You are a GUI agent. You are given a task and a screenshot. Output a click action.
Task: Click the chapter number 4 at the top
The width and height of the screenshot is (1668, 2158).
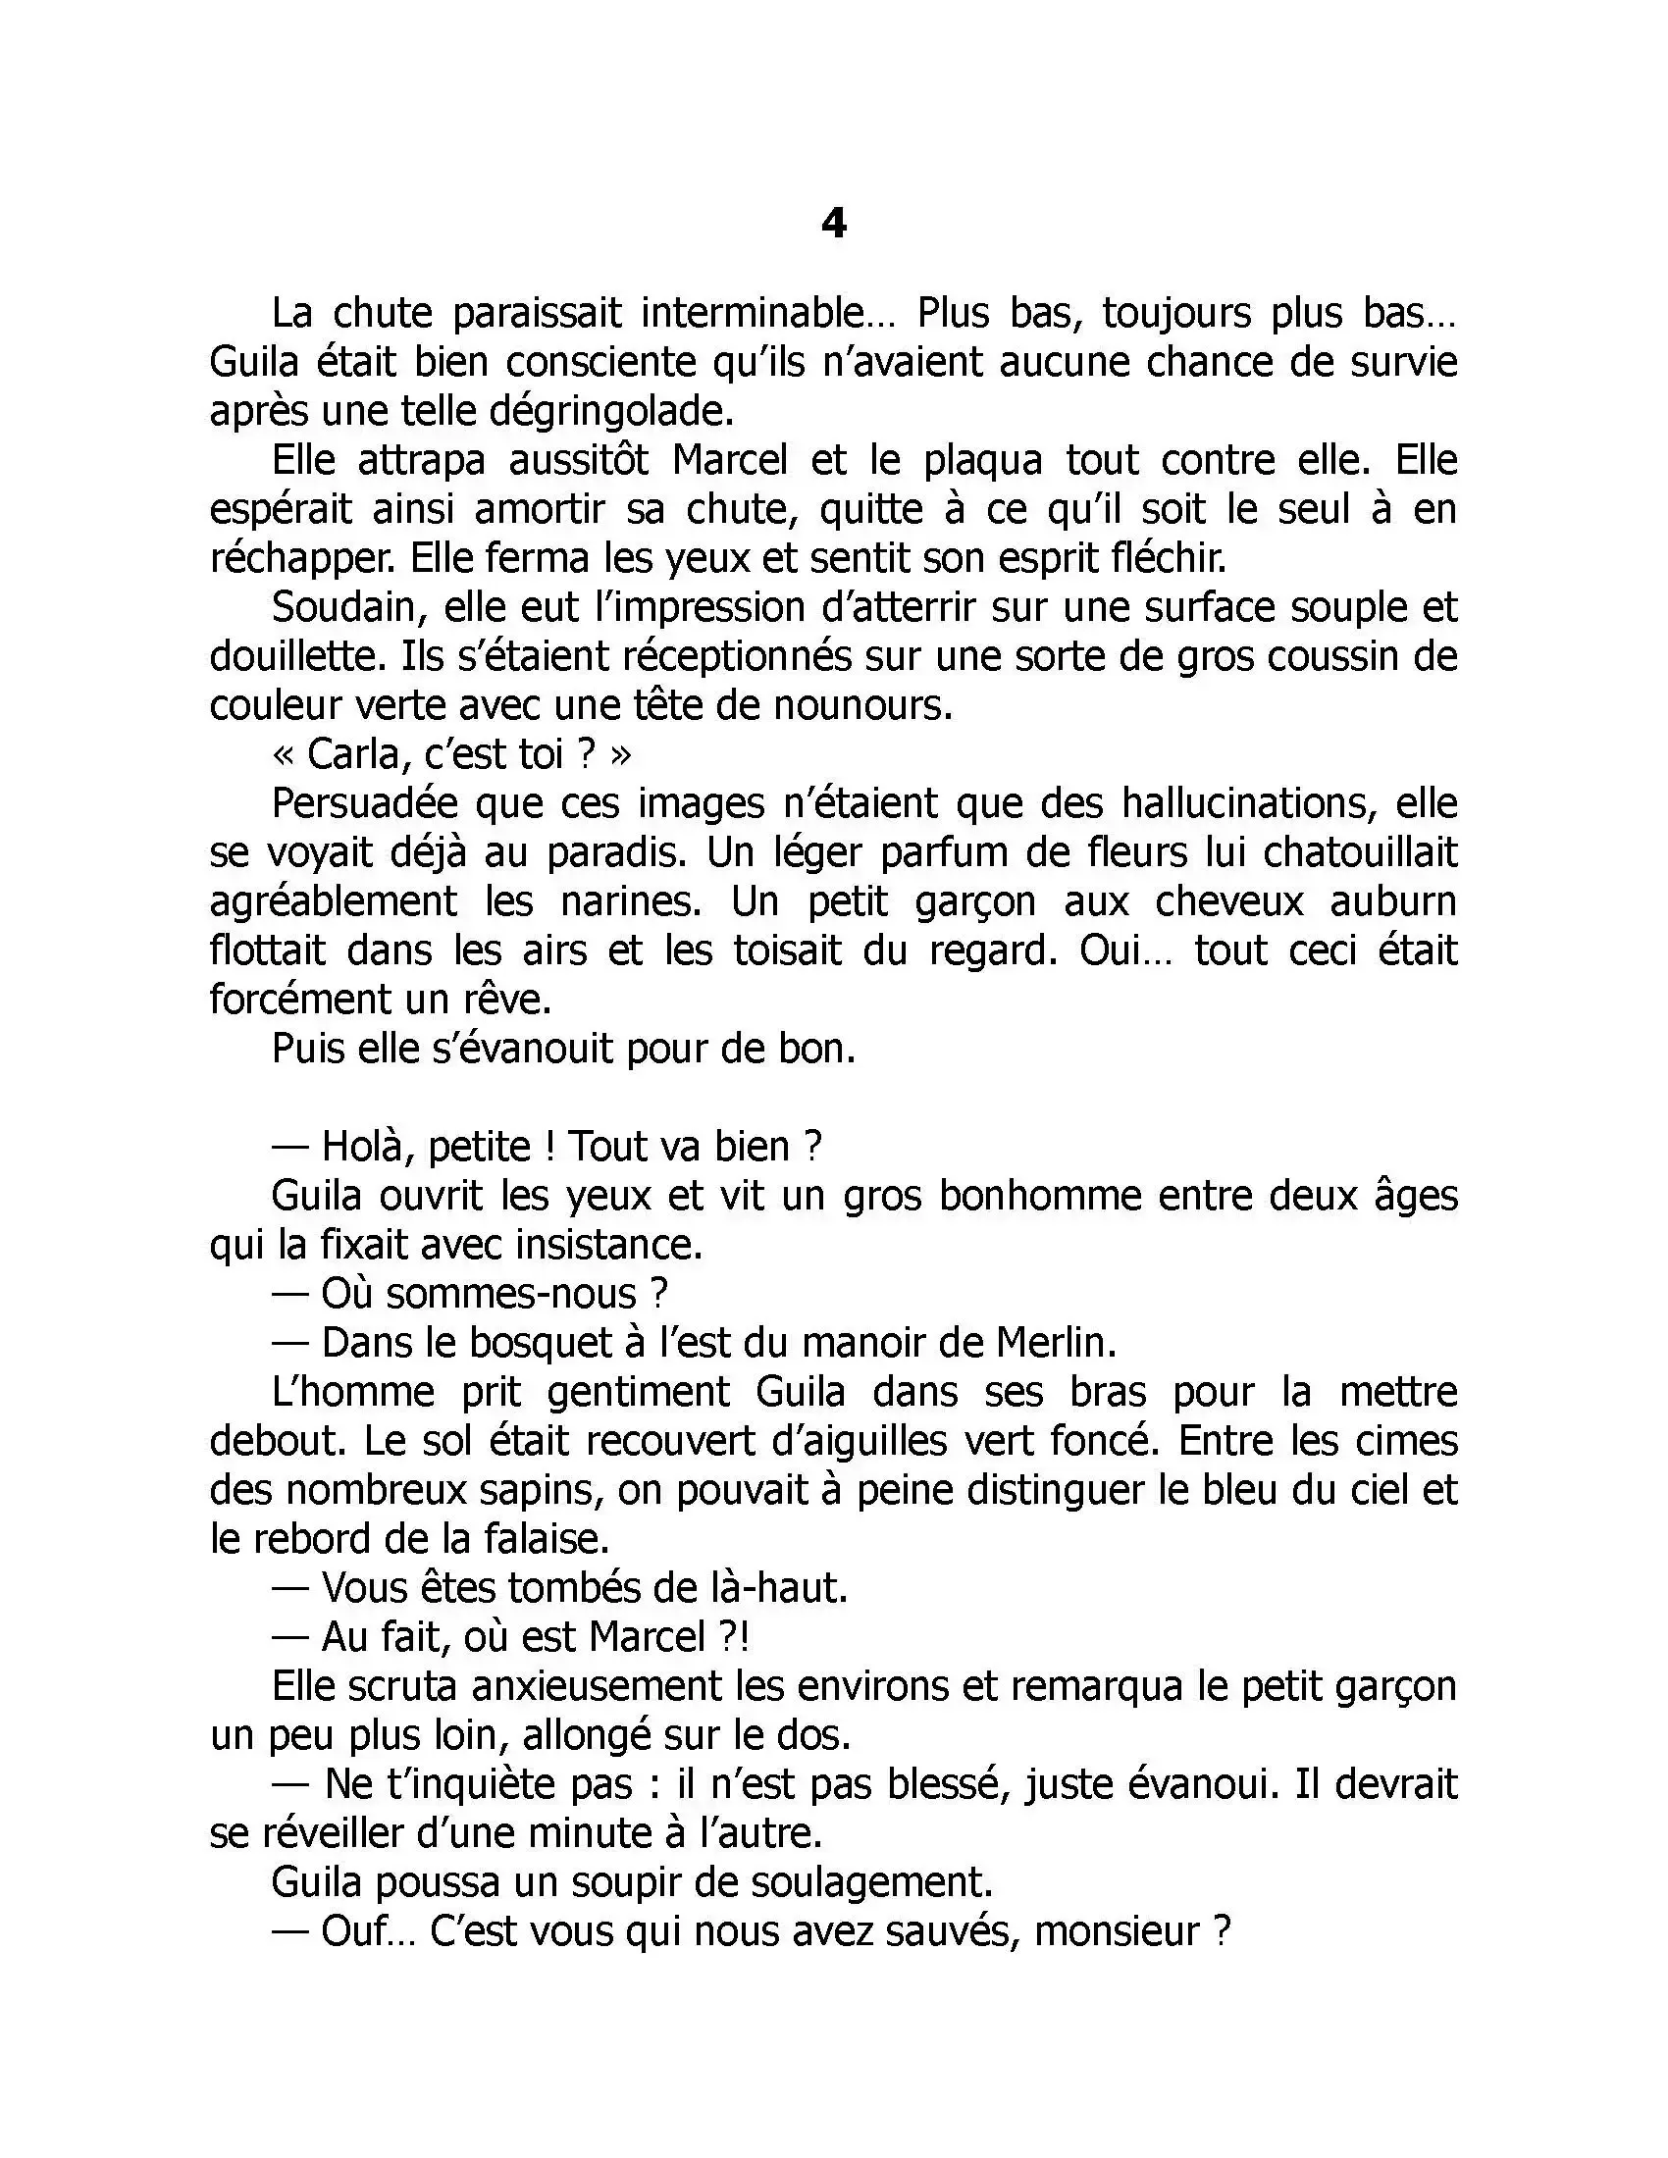click(834, 225)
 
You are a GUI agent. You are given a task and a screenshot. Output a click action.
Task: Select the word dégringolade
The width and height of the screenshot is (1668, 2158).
click(608, 411)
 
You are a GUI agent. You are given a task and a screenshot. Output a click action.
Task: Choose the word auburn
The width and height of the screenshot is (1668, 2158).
click(1393, 901)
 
